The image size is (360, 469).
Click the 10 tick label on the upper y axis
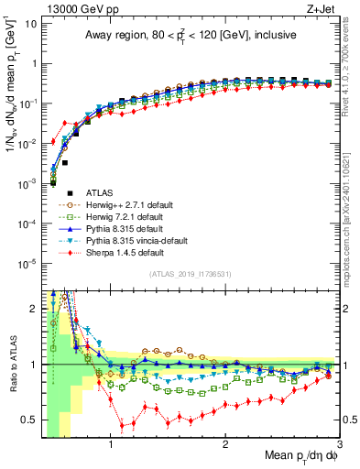tap(30, 24)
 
